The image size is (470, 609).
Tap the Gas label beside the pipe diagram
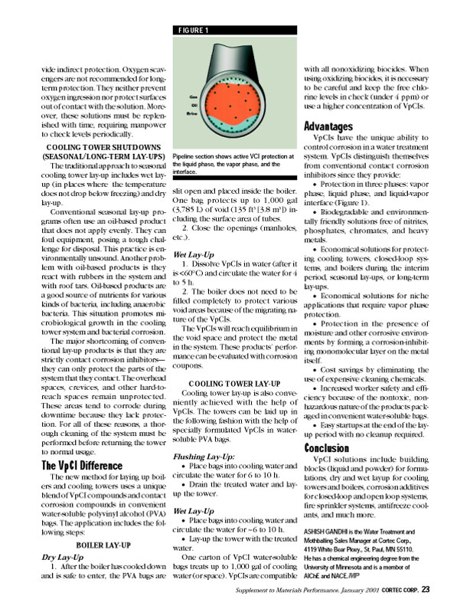pos(184,97)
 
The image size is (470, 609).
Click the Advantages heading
pos(328,125)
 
